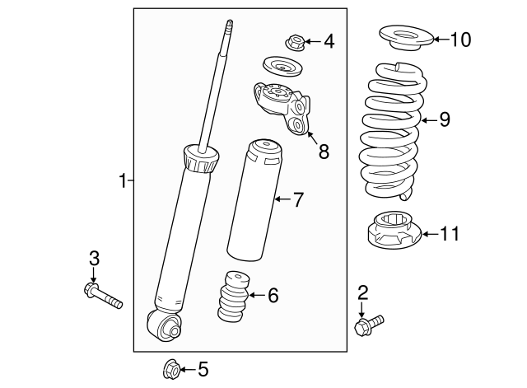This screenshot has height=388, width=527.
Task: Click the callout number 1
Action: [x=122, y=180]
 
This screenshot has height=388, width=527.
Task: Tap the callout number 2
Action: [x=363, y=291]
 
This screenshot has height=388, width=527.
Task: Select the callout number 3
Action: [x=94, y=259]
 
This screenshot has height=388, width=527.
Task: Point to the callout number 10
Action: [x=461, y=40]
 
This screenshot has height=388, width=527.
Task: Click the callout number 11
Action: [x=449, y=235]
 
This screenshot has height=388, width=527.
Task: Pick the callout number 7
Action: [x=299, y=199]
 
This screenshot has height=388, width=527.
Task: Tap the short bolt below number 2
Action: [x=370, y=325]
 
